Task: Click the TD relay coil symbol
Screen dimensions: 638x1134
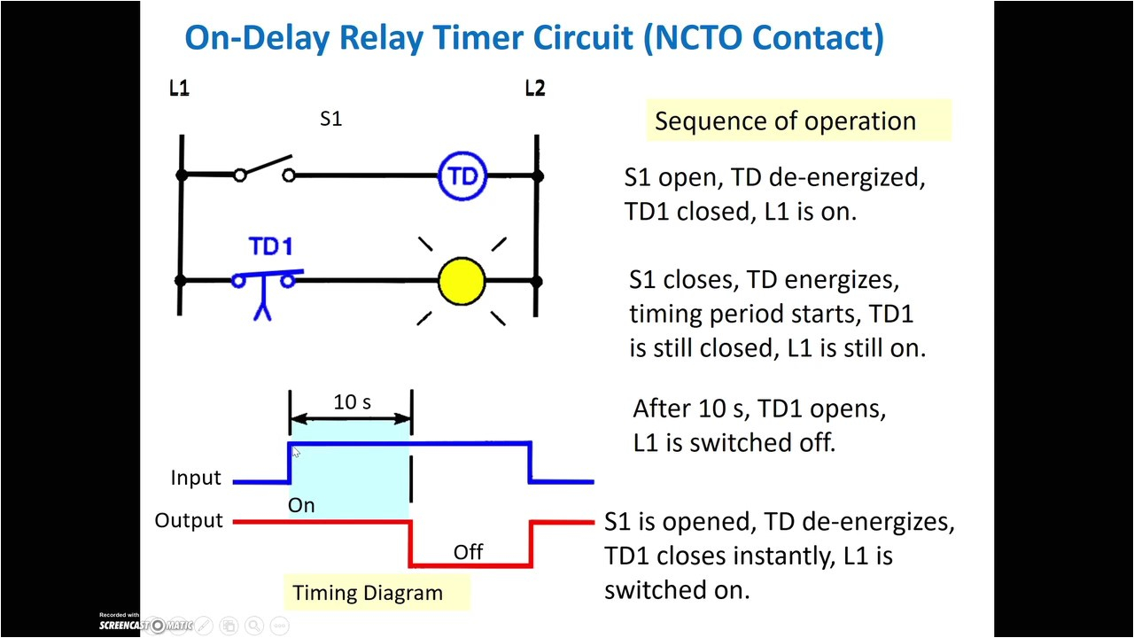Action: (x=462, y=175)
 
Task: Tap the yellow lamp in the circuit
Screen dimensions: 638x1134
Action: (x=462, y=281)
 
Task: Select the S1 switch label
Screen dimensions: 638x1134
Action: (x=330, y=119)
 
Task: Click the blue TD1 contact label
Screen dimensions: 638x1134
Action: (x=270, y=246)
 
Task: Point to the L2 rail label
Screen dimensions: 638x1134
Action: (x=534, y=88)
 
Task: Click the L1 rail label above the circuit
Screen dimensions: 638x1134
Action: (x=179, y=88)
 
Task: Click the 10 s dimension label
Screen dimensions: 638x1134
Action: (x=352, y=402)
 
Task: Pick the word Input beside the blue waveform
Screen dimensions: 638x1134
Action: (x=196, y=478)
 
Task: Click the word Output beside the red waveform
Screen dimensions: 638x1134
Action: (x=189, y=521)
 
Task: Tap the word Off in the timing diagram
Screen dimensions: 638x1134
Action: (x=468, y=552)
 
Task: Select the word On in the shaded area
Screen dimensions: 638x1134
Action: (x=301, y=505)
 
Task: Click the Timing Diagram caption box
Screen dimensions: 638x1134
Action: (x=368, y=593)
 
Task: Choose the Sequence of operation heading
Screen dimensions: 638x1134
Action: (x=785, y=121)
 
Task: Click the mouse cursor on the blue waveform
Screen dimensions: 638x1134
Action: (x=296, y=453)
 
